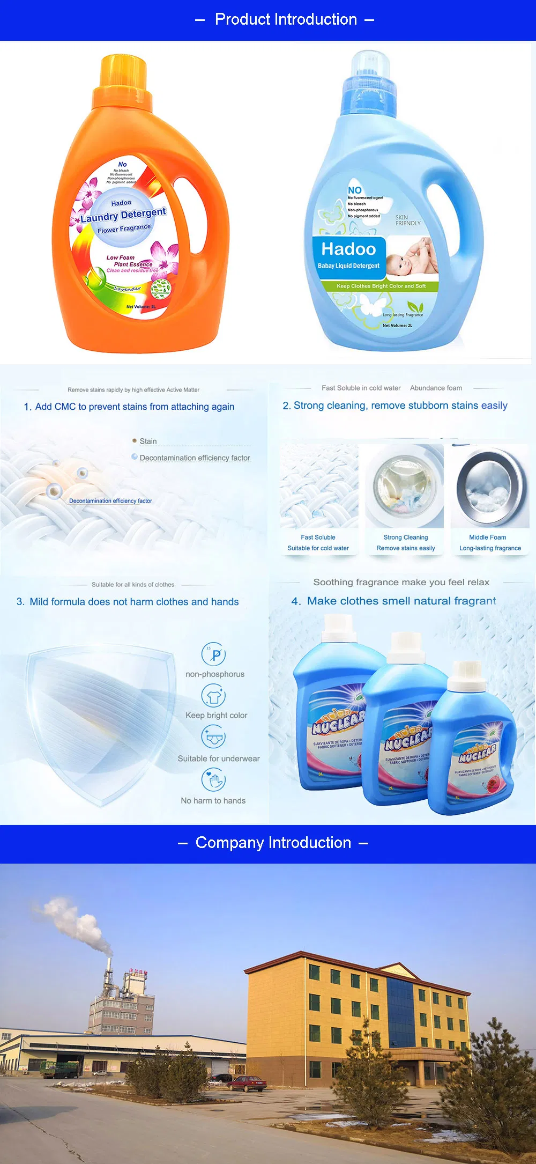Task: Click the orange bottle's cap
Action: point(123,72)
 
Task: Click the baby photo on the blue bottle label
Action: point(413,257)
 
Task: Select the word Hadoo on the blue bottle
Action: point(348,249)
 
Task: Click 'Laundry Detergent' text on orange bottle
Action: point(123,215)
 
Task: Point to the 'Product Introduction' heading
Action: point(286,20)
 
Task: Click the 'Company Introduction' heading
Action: point(273,843)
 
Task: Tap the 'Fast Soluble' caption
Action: point(318,537)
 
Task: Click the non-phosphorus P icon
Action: point(213,654)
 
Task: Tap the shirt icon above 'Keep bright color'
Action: point(213,696)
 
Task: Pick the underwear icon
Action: point(213,737)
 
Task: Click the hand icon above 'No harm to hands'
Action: point(213,779)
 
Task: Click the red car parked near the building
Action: point(247,1084)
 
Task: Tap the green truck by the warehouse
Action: point(59,1070)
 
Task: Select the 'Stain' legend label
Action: point(148,441)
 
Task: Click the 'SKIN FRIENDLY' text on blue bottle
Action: point(408,220)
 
